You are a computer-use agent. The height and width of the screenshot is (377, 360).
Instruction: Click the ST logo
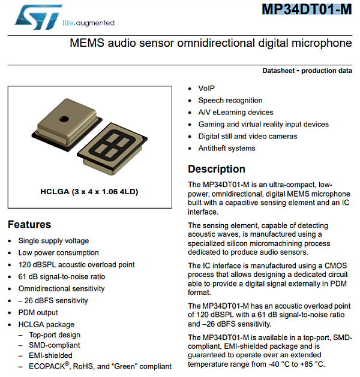coord(37,18)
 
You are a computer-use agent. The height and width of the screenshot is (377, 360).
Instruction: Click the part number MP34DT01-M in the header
coord(307,10)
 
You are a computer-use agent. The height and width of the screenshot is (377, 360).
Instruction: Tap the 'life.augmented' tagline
coord(88,23)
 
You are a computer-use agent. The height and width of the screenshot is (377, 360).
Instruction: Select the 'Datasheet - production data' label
coord(307,71)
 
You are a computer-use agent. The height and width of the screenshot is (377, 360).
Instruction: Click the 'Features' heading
coord(29,225)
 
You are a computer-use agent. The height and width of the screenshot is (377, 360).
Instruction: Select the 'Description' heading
coord(217,169)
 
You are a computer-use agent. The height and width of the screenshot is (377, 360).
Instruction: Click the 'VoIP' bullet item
coord(206,88)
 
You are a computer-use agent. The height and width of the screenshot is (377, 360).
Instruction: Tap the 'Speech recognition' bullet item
coord(230,100)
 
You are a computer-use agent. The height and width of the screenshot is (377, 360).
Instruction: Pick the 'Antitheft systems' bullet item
coord(227,148)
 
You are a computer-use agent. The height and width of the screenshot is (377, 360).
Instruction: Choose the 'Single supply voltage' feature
coord(53,240)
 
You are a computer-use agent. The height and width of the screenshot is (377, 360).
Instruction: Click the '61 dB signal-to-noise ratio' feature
coord(61,276)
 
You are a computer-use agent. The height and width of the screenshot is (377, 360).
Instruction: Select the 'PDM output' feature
coord(38,312)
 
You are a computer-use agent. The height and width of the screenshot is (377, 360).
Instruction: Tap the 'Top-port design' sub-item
coord(55,335)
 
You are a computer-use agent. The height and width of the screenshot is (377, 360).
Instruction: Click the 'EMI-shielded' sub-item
coord(50,355)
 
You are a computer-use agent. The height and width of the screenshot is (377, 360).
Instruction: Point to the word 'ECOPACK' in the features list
coord(47,366)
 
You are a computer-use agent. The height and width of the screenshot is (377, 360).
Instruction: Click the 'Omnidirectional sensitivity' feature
coord(61,288)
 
